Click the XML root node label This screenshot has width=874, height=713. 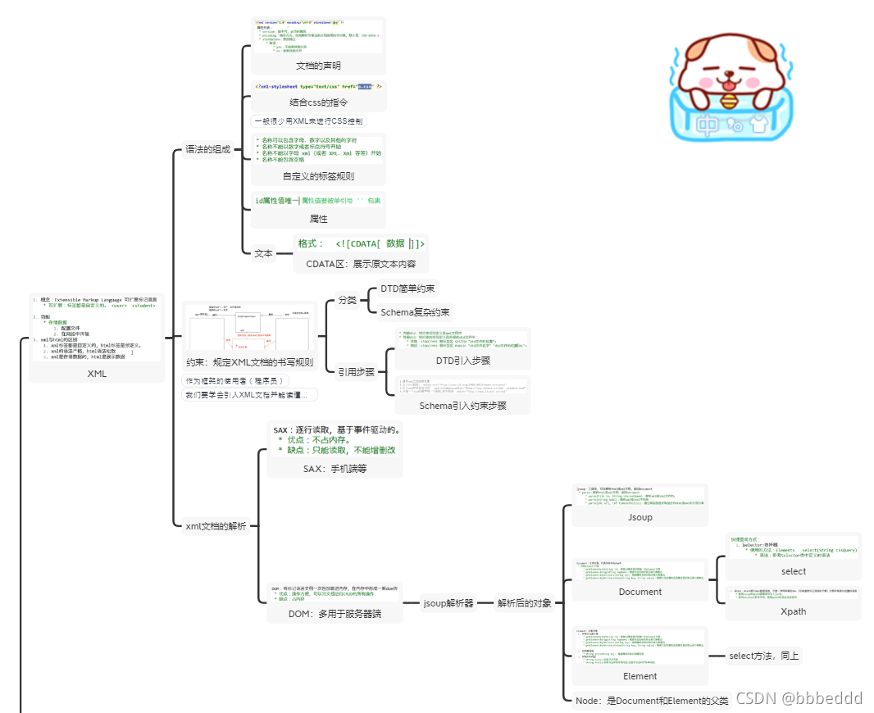(x=97, y=374)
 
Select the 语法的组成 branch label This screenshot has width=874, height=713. (x=207, y=150)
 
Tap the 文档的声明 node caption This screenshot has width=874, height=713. (x=318, y=66)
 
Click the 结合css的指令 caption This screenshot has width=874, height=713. (x=318, y=102)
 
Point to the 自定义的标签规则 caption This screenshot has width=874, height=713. (x=318, y=176)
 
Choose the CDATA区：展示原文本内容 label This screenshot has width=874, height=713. (x=361, y=264)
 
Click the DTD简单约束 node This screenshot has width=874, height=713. (x=407, y=288)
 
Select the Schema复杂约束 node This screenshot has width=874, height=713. (x=415, y=312)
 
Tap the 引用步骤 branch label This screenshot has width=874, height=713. (x=356, y=371)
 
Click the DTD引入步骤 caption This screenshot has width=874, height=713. (x=462, y=361)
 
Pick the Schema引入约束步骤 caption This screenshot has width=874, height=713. (x=462, y=406)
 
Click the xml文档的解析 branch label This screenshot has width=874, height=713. (x=216, y=525)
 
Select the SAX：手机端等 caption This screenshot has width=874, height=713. (x=335, y=469)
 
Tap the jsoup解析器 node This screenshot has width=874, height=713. (x=448, y=603)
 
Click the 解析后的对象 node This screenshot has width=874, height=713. (x=525, y=603)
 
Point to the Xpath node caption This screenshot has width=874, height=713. (x=793, y=611)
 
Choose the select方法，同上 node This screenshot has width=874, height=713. (x=764, y=655)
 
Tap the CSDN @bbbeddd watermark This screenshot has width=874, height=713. (x=799, y=698)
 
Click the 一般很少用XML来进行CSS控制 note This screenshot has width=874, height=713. (x=307, y=120)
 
